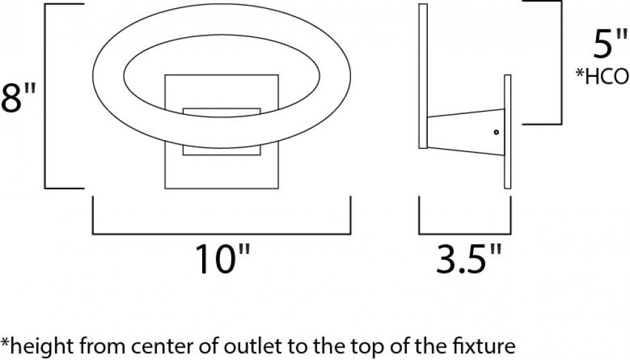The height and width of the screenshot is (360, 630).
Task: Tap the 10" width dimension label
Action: pyautogui.click(x=222, y=260)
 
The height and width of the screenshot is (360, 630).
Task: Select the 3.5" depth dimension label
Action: pyautogui.click(x=469, y=260)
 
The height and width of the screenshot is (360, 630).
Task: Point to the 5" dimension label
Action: pyautogui.click(x=609, y=44)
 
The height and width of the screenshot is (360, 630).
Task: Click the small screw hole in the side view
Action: pyautogui.click(x=496, y=132)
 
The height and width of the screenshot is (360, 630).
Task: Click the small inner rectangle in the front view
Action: pyautogui.click(x=221, y=132)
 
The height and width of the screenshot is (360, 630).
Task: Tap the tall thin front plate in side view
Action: pyautogui.click(x=423, y=76)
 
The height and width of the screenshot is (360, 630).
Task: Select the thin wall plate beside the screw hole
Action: pyautogui.click(x=507, y=132)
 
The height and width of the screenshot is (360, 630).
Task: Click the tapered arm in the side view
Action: pyautogui.click(x=466, y=132)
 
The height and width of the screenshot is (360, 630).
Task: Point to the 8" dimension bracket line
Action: pyautogui.click(x=45, y=96)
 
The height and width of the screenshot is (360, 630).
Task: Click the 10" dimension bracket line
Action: pyautogui.click(x=221, y=233)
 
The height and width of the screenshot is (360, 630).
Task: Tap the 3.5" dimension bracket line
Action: pyautogui.click(x=465, y=233)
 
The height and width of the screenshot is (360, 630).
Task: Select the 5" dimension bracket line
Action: pyautogui.click(x=561, y=62)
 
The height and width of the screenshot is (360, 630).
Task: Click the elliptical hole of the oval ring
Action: pyautogui.click(x=222, y=76)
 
